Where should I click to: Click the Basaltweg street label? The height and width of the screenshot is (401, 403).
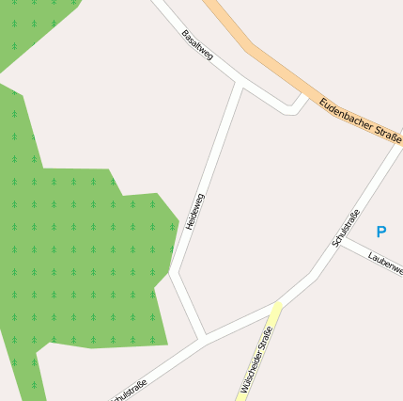point(198,44)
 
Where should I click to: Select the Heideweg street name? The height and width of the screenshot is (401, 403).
point(194,214)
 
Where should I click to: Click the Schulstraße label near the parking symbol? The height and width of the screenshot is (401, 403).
point(346,228)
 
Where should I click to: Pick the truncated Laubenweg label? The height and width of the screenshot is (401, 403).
point(385,263)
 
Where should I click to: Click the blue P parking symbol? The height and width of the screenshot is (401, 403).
point(380,232)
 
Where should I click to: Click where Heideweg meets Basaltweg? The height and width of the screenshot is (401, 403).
point(240,88)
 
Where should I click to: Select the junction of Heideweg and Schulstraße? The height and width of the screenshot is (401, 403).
point(204,337)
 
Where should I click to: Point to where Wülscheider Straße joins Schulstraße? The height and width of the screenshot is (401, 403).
point(278,304)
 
